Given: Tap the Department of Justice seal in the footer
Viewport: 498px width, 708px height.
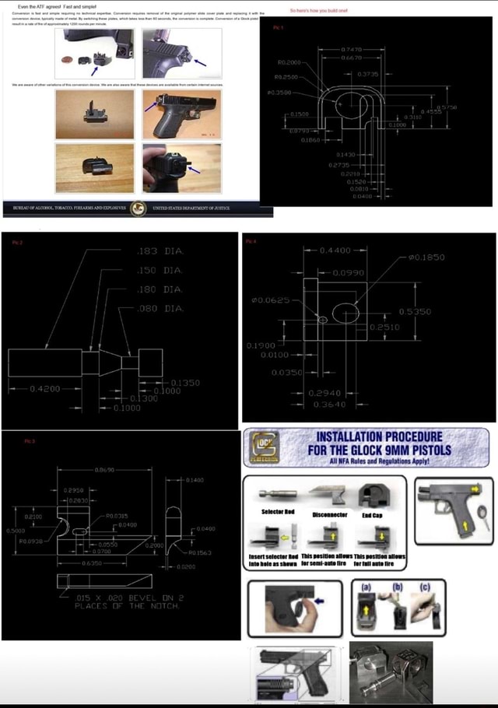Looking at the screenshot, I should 138,209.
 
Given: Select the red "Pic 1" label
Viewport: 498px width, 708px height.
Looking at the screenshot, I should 278,27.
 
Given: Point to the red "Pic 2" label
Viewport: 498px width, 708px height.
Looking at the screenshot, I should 16,242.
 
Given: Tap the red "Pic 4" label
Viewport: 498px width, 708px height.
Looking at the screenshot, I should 250,242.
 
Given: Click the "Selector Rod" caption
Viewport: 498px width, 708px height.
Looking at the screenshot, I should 276,512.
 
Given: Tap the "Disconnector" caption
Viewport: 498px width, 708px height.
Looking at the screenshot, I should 329,513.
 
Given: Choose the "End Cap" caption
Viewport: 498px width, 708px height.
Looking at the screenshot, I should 371,513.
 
